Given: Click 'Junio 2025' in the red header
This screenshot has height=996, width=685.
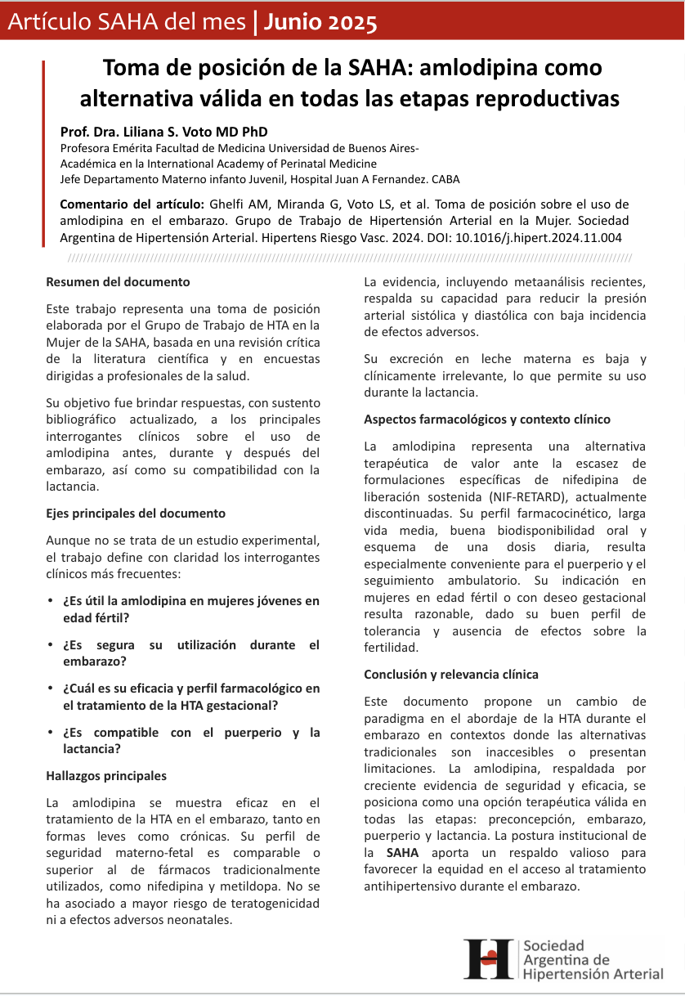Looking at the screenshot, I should (320, 23).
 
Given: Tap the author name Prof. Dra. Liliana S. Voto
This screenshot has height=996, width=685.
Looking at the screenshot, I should (163, 132).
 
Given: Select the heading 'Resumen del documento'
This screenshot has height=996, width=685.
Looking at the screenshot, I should (118, 281).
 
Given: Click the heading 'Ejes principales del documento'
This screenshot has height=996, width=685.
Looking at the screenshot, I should (136, 513).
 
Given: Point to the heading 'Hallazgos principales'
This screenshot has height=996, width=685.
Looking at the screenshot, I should (106, 775).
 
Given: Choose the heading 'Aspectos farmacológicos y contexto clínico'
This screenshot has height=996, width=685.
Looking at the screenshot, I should (487, 419).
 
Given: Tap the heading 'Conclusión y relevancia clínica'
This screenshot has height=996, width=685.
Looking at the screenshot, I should (451, 674).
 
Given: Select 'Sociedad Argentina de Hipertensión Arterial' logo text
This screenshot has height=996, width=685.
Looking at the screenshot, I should (593, 959).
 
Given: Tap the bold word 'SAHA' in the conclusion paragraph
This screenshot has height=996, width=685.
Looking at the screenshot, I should (402, 851).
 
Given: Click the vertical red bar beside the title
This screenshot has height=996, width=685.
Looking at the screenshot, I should (43, 152).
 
